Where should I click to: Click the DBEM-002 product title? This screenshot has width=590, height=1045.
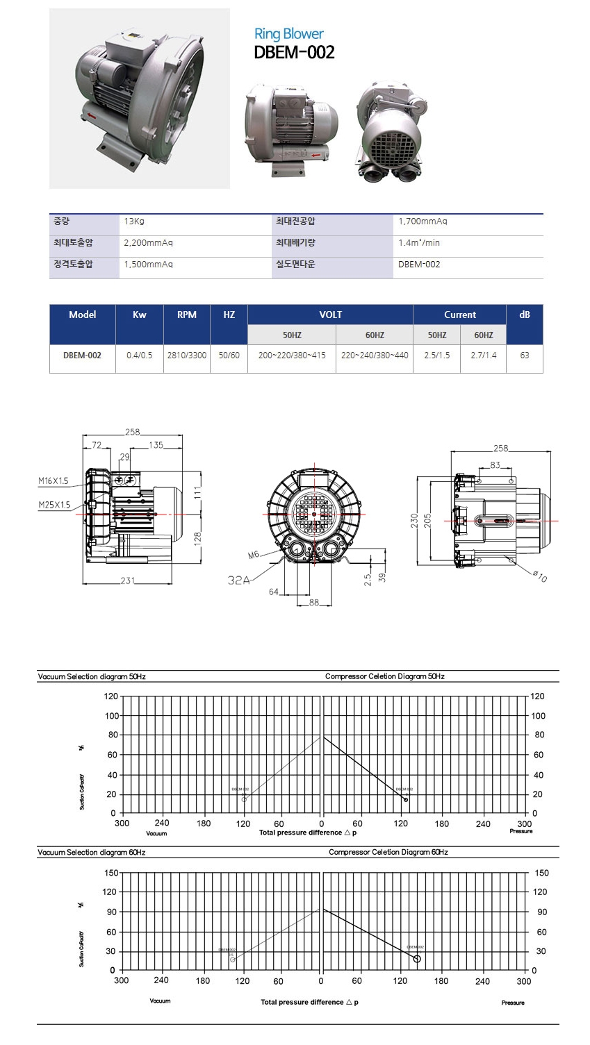294,53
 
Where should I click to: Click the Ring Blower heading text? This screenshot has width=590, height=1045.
288,33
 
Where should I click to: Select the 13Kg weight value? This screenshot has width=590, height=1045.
133,221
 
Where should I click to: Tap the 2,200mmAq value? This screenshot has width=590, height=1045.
148,243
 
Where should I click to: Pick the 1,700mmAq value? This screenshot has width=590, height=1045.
423,221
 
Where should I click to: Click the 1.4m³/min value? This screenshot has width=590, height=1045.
419,243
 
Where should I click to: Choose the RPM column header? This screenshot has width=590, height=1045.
187,315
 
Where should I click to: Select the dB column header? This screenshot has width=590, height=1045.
525,315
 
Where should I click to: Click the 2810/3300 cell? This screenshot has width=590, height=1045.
187,355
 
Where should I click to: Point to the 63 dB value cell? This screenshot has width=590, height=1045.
525,355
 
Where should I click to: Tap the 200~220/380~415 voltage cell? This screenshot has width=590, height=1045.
292,355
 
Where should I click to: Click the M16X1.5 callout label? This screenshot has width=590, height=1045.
54,481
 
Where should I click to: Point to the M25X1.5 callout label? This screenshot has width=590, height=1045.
54,505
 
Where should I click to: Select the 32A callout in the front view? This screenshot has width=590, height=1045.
238,580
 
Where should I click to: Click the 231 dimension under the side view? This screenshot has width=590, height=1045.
127,580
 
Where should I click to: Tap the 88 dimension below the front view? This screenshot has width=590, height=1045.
314,603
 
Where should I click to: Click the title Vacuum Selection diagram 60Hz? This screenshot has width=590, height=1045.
92,852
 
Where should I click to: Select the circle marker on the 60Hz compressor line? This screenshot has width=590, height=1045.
417,959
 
